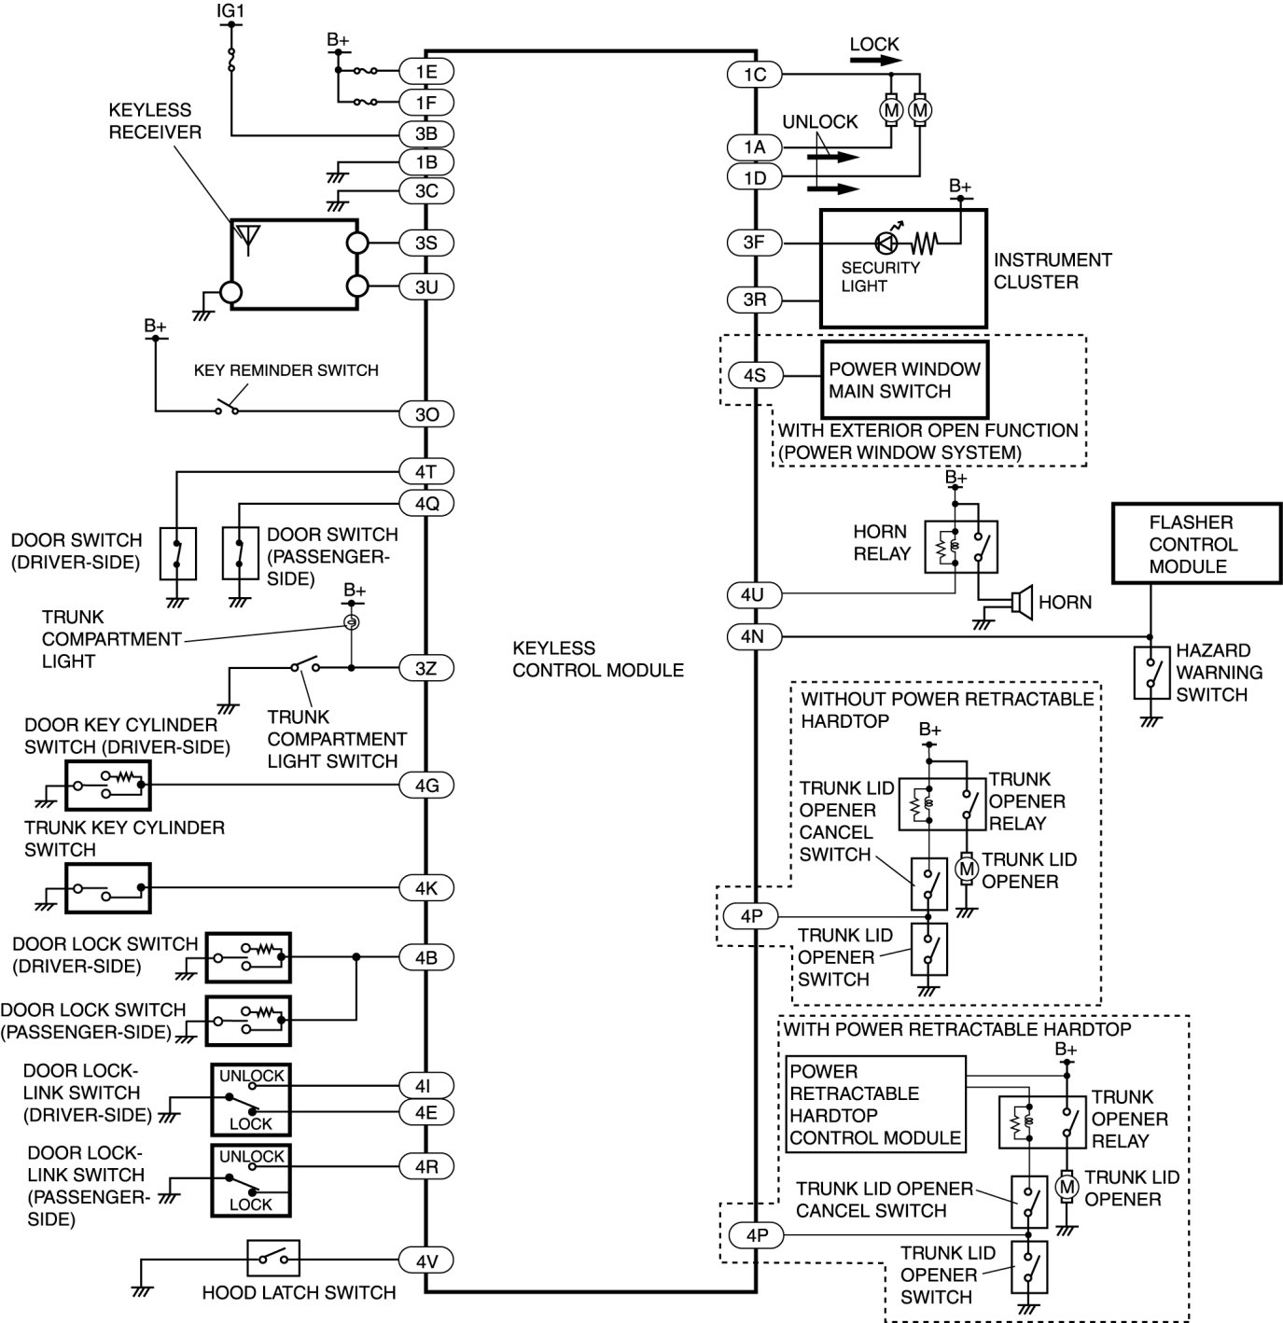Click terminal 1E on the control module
point(425,72)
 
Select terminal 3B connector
point(425,133)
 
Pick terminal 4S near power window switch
point(754,376)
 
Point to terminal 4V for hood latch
point(425,1261)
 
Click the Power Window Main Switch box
point(903,380)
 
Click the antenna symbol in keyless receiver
point(247,239)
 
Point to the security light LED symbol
point(886,243)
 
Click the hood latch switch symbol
point(273,1259)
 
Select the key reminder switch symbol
point(227,408)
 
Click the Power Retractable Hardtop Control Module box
point(874,1104)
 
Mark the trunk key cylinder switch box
point(108,887)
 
